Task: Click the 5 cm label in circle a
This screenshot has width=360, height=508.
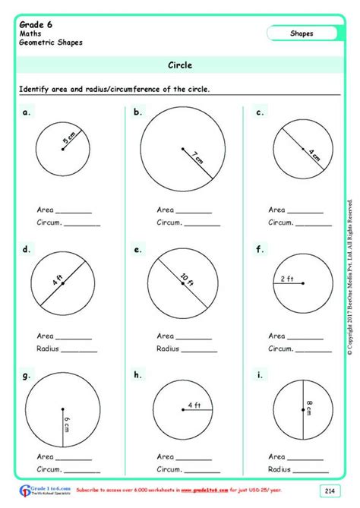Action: point(71,140)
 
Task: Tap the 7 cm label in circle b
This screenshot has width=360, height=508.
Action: point(197,158)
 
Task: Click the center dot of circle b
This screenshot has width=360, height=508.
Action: point(183,149)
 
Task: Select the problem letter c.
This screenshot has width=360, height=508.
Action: point(259,112)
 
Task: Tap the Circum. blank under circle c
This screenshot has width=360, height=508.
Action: point(315,223)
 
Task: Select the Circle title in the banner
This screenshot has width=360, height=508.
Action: point(180,65)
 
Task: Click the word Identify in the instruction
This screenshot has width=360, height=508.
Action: point(36,90)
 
